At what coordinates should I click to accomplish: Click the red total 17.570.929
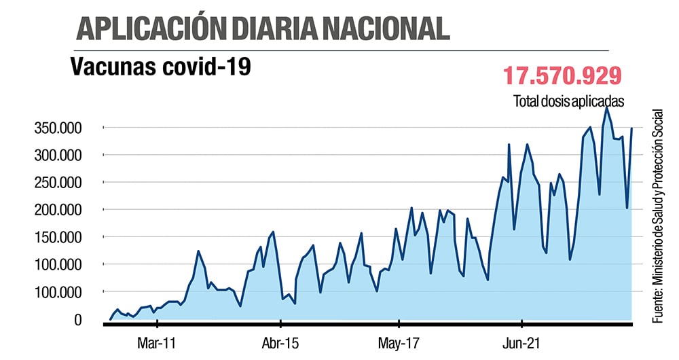coord(562,75)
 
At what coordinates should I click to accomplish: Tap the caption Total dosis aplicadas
coord(568,101)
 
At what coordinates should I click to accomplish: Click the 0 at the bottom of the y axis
coord(78,319)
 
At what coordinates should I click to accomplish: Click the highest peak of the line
coord(606,107)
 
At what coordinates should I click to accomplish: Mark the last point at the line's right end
coord(631,128)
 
